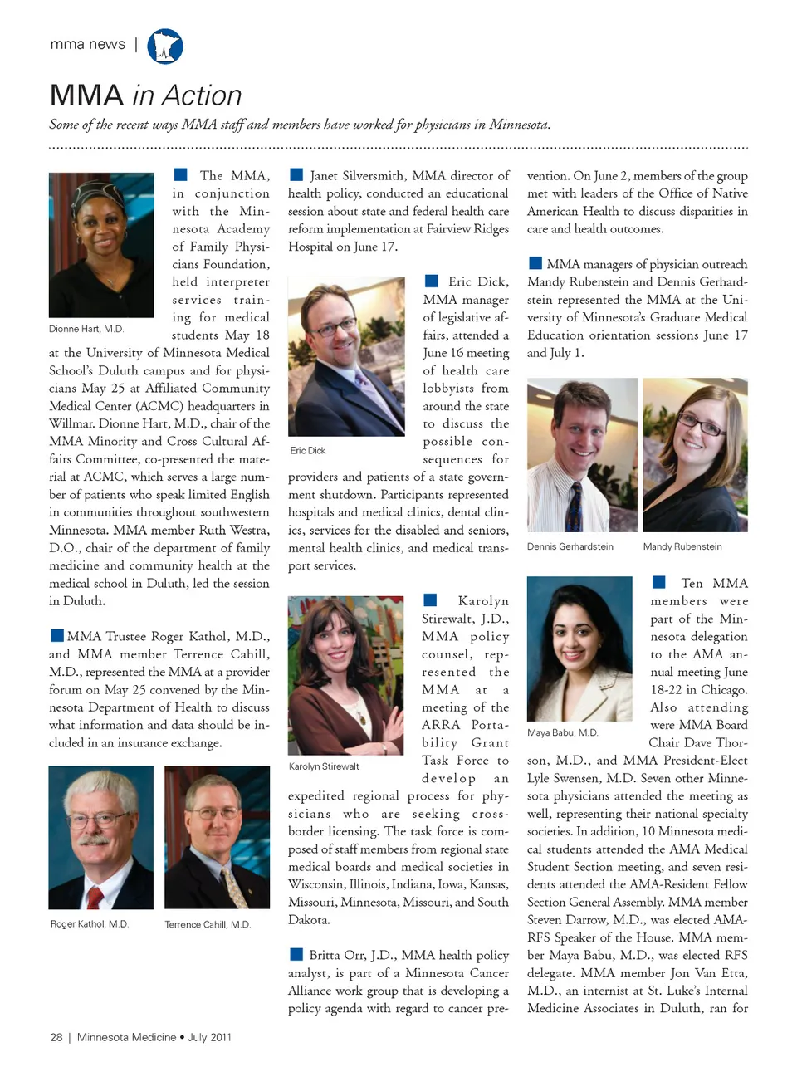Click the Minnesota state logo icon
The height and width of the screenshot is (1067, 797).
(x=165, y=46)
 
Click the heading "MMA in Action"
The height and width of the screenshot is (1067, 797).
(x=145, y=95)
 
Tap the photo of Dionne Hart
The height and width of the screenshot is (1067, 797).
(x=101, y=245)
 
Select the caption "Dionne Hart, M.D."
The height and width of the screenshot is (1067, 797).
(x=86, y=330)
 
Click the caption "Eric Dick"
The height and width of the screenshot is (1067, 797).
(x=308, y=451)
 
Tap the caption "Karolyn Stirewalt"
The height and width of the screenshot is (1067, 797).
(x=324, y=766)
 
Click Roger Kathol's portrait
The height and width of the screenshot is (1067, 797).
(x=101, y=837)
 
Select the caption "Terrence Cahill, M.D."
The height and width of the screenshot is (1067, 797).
(x=208, y=924)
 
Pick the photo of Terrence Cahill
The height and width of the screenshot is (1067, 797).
(x=217, y=837)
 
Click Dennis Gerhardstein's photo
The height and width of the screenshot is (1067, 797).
(x=582, y=455)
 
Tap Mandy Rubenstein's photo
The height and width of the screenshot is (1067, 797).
(x=695, y=455)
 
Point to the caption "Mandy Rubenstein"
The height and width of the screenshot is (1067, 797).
(x=682, y=546)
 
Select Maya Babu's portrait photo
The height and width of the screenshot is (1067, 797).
(x=579, y=649)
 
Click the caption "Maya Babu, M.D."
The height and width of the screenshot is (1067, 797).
(x=563, y=732)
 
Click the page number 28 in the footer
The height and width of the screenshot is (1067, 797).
(x=56, y=1037)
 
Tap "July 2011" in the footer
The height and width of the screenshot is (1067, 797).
(x=209, y=1037)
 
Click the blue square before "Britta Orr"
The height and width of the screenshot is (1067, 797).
(x=296, y=955)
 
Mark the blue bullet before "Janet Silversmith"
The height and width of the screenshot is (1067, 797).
(x=296, y=175)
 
